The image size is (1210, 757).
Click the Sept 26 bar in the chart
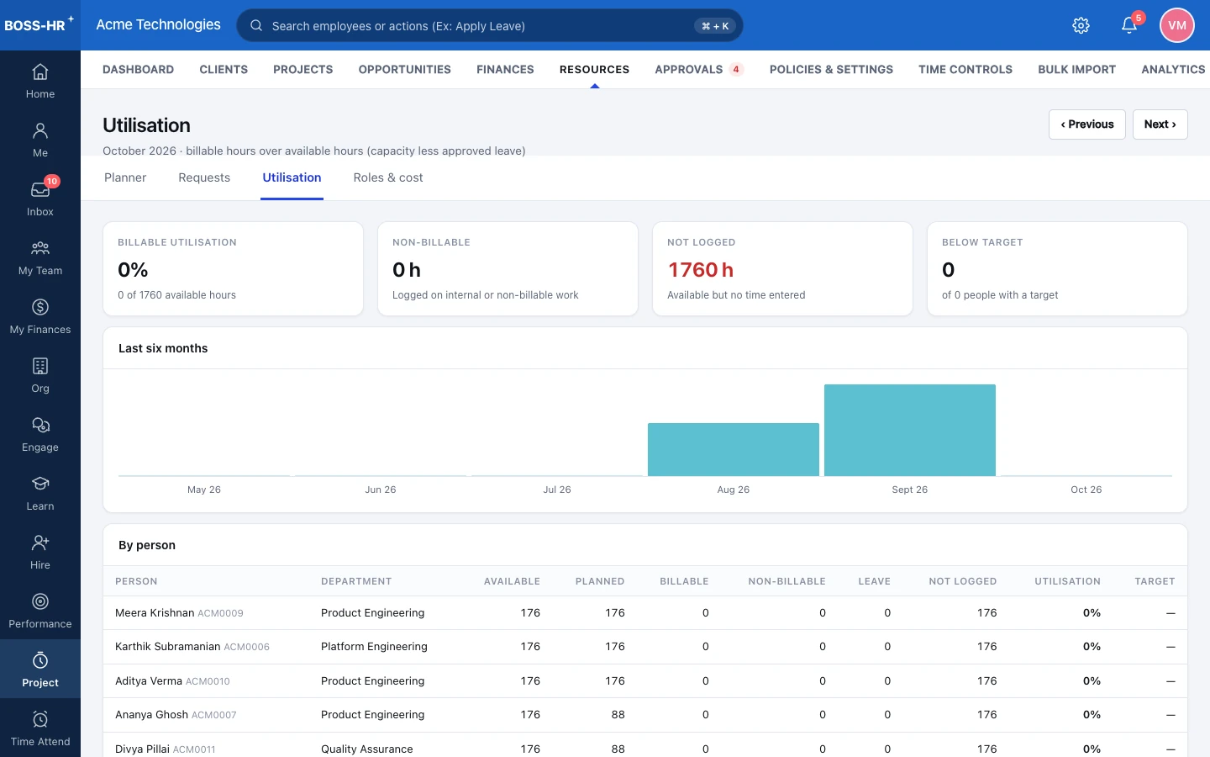[910, 430]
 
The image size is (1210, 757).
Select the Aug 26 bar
[733, 449]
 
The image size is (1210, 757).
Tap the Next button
[1160, 124]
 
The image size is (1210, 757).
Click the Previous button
[1086, 124]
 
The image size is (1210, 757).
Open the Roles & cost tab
[388, 177]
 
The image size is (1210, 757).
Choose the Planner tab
[125, 177]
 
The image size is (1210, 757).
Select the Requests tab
[204, 177]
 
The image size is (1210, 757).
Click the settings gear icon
[1081, 25]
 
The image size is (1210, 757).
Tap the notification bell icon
[1129, 25]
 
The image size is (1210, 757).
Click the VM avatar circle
[1177, 25]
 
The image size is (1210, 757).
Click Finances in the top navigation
[505, 69]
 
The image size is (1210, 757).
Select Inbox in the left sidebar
[40, 198]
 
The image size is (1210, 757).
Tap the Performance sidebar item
[40, 610]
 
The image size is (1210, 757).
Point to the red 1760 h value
[701, 270]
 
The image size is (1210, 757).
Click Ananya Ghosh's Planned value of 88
[618, 715]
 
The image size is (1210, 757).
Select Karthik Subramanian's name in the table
[167, 647]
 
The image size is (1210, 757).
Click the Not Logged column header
[963, 581]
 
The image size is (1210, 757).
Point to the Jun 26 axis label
[381, 490]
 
